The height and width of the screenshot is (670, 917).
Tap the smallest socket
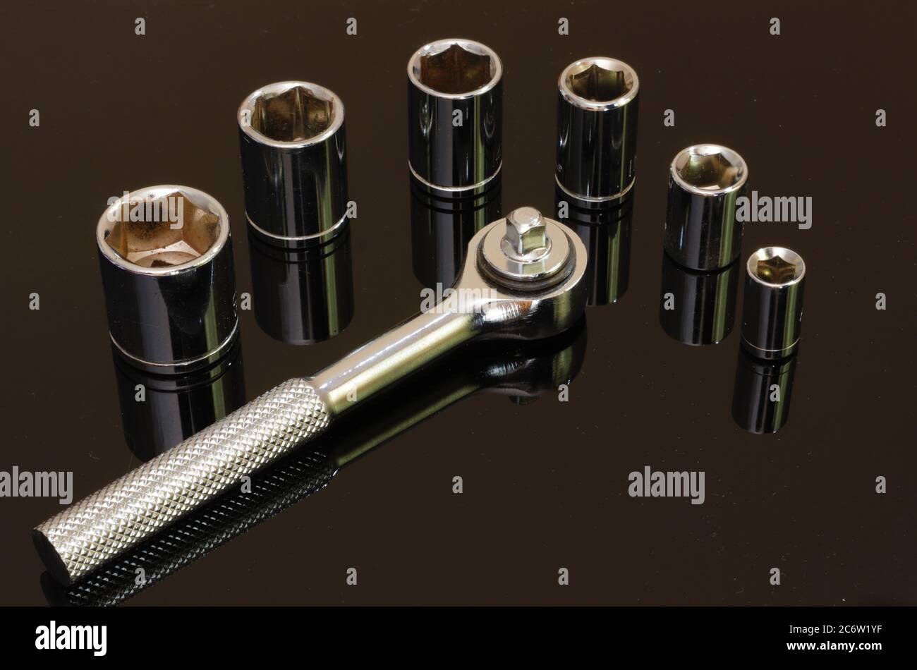pyautogui.click(x=773, y=303)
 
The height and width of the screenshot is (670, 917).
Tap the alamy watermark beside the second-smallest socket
pyautogui.click(x=774, y=211)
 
